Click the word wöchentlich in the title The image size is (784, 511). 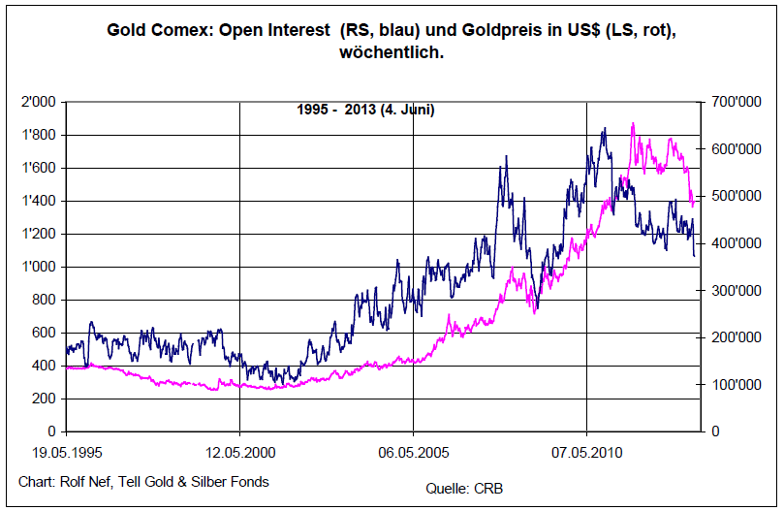coord(392,52)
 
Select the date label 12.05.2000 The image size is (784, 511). coord(240,452)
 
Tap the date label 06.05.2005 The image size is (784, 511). coord(413,452)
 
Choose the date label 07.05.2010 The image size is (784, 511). coord(586,452)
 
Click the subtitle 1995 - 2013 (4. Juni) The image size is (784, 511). coord(365,110)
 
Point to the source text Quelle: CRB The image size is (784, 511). coord(464,488)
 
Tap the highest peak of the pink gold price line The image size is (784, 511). coord(633,123)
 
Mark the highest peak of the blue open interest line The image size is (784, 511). coord(605,128)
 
